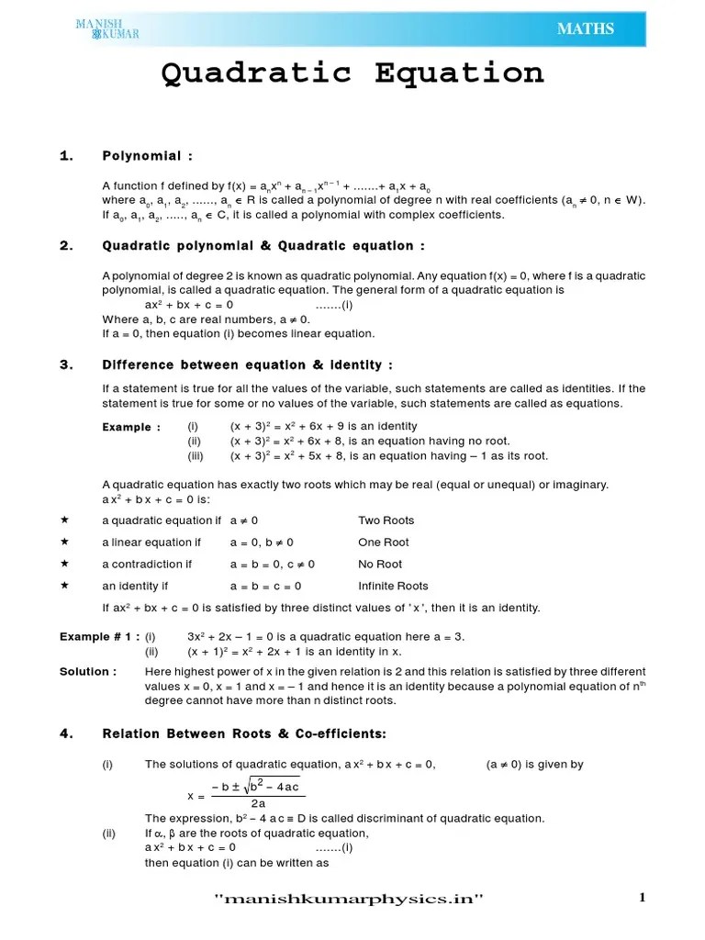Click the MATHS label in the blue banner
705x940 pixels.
tap(585, 29)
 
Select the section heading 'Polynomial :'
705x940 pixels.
tap(147, 156)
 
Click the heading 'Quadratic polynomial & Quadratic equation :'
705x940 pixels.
tap(263, 245)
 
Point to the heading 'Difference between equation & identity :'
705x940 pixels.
tap(247, 364)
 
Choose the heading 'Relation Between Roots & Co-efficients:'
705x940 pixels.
tap(244, 733)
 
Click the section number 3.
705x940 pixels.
tap(65, 364)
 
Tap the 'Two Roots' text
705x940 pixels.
tap(386, 520)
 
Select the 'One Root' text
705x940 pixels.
tap(384, 543)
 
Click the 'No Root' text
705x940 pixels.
tap(380, 565)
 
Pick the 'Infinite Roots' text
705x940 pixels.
tap(393, 586)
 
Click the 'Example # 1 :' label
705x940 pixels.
tap(100, 636)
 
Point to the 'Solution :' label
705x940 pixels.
tap(88, 671)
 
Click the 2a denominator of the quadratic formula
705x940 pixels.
tap(258, 803)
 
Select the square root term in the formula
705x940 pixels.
tap(274, 786)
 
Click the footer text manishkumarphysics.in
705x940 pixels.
tap(348, 899)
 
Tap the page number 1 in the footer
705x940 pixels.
tap(643, 898)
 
